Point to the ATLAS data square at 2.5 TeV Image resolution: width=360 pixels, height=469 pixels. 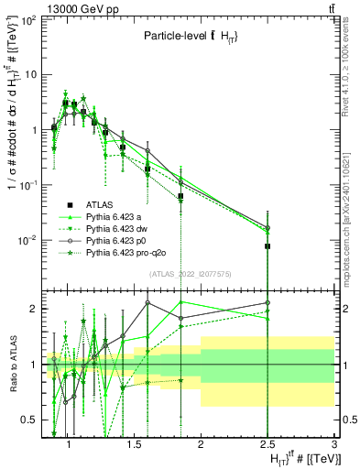267,246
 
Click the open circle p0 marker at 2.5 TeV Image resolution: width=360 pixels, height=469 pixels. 267,228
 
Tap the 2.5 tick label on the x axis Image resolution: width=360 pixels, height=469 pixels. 267,444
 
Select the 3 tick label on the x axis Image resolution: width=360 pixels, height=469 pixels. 335,444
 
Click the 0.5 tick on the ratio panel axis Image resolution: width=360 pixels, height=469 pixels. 29,420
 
